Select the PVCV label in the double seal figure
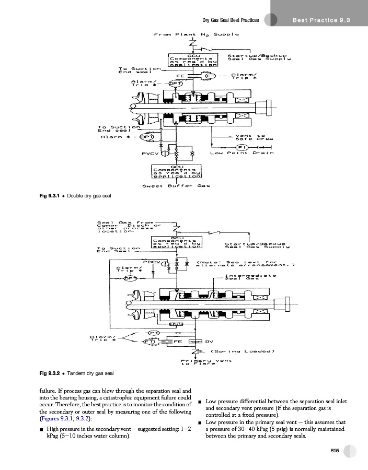150,153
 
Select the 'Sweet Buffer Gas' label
172,185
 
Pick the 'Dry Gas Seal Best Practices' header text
231,20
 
